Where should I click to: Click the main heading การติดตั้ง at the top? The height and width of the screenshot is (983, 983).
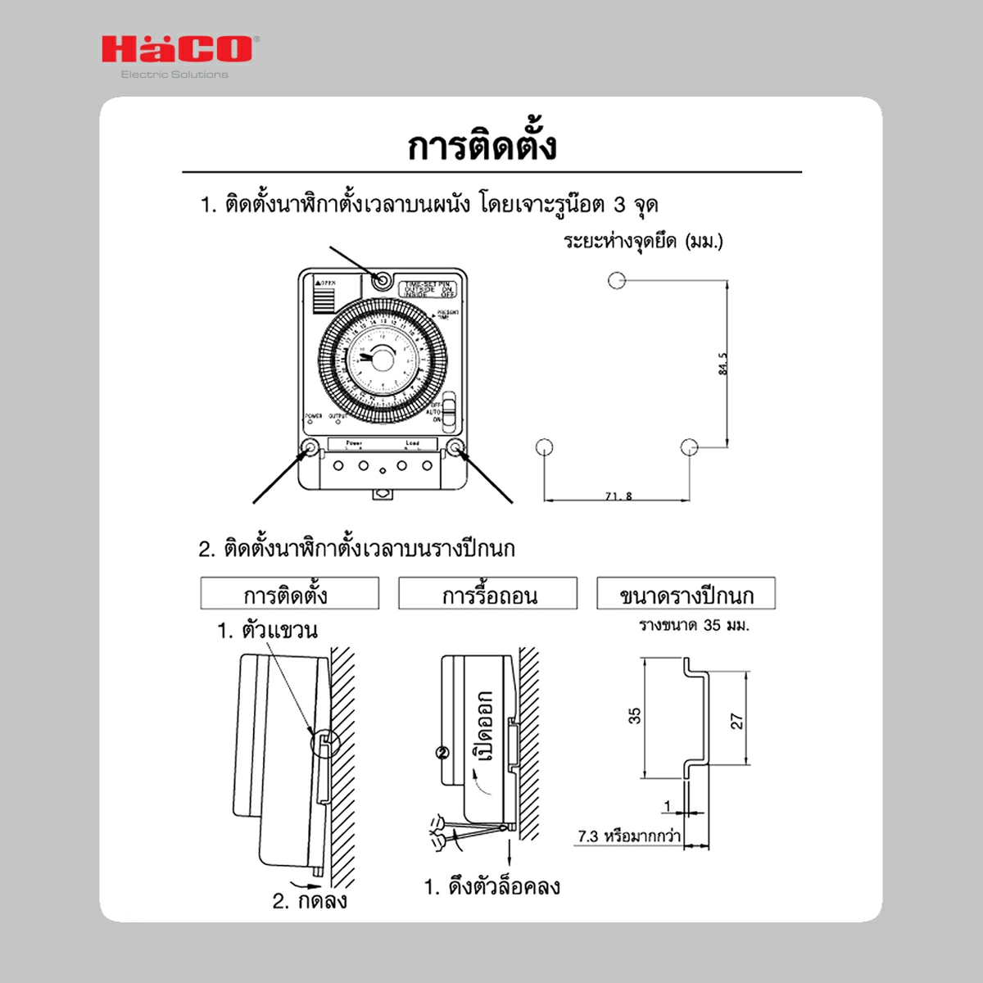coord(482,145)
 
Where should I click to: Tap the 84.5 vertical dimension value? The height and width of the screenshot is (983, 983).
coord(723,364)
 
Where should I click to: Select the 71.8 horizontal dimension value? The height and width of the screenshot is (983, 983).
coord(618,496)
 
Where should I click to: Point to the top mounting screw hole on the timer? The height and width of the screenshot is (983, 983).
coord(382,280)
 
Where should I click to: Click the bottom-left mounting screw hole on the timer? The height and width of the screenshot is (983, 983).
coord(310,447)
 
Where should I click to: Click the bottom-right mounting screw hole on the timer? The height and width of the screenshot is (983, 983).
coord(455,447)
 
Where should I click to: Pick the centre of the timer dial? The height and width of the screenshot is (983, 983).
coord(374,359)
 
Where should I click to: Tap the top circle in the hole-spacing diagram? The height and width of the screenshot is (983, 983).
coord(617,280)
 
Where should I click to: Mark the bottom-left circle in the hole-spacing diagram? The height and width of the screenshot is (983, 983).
coord(544,446)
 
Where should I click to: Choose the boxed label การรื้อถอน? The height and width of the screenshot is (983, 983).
coord(488,594)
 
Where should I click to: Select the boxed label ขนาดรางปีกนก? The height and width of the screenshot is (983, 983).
coord(686,594)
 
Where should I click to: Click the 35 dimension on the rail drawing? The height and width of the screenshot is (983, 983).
coord(635,716)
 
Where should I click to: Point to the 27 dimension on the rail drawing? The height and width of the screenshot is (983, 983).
coord(736,721)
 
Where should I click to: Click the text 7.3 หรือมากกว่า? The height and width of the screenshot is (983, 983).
coord(628,836)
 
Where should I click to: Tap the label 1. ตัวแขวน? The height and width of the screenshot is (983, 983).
coord(267,631)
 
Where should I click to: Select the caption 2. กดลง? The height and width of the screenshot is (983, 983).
coord(310,901)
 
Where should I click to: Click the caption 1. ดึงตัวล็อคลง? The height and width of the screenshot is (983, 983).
coord(491,886)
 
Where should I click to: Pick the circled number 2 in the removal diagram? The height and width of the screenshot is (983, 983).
coord(443,752)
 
